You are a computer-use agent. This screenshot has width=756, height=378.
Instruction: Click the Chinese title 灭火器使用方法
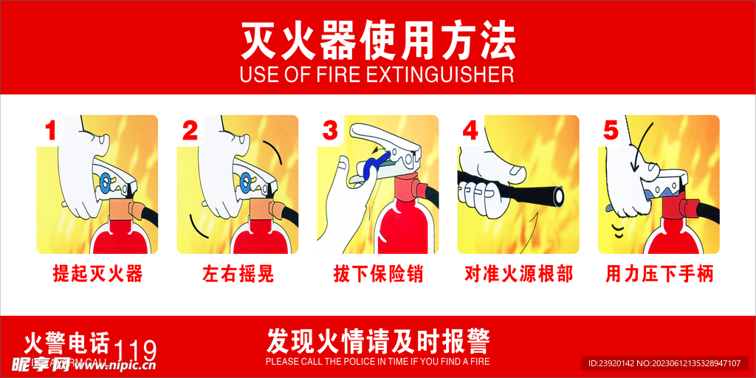tap(378, 41)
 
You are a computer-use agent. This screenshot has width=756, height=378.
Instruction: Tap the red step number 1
tap(51, 131)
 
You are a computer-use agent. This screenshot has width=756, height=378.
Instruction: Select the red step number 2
tap(190, 131)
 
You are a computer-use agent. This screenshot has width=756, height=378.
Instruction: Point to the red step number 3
tap(330, 131)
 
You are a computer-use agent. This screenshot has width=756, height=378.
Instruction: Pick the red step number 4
tap(470, 131)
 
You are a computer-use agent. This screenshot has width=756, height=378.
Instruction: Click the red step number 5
tap(611, 131)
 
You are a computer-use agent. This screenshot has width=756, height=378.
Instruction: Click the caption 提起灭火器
tap(97, 274)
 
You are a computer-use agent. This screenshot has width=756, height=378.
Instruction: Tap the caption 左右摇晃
tap(238, 274)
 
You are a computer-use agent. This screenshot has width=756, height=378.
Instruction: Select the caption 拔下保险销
tap(378, 274)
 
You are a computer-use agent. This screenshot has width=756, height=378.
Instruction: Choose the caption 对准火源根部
tap(518, 274)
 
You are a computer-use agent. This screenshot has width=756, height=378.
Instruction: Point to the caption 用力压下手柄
tap(659, 274)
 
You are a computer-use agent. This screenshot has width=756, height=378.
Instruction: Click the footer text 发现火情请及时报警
tap(378, 340)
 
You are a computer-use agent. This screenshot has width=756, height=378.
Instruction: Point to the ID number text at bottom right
tap(664, 363)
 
